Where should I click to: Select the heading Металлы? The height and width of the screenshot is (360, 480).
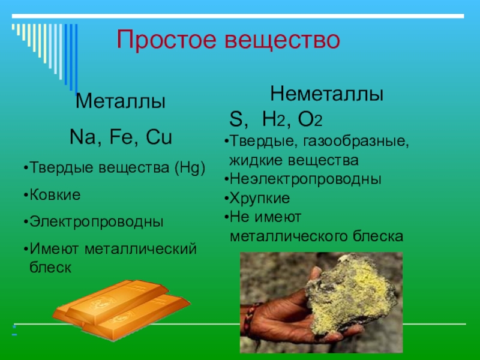coord(120,101)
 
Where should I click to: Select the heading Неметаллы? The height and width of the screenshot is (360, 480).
coord(327,94)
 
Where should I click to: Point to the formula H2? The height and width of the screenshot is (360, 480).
coord(272,120)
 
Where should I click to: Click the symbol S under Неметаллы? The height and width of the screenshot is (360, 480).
coord(236,119)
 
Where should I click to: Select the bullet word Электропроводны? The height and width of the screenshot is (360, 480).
coord(97,222)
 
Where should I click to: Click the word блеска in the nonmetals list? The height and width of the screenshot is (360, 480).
coord(376,236)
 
